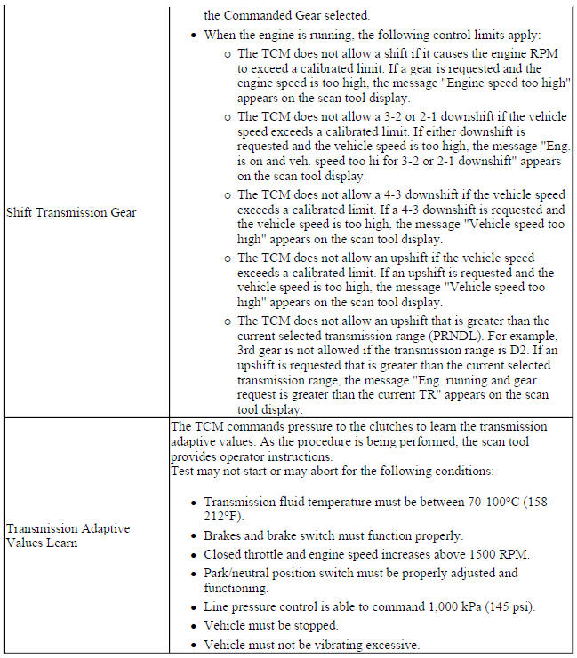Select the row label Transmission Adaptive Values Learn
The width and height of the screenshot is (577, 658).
(x=68, y=535)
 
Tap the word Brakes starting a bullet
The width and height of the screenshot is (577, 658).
(x=225, y=535)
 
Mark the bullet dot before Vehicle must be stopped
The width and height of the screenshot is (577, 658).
(x=194, y=626)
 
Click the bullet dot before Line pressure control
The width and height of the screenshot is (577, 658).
(x=194, y=607)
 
